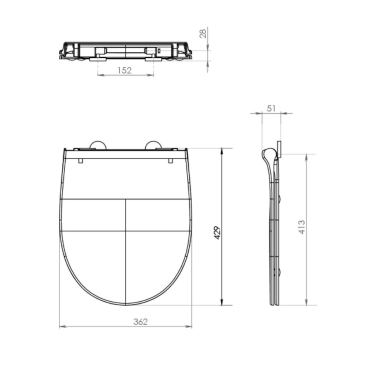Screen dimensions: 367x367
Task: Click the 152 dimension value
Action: [125, 70]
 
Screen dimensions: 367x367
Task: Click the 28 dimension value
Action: [202, 33]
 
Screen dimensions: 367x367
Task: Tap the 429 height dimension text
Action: [217, 233]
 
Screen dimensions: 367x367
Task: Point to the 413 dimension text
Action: [302, 227]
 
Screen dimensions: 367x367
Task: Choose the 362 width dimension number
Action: [140, 322]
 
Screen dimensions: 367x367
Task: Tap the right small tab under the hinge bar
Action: [171, 161]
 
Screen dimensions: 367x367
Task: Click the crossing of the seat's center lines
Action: [126, 231]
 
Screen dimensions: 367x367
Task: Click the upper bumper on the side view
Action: [280, 199]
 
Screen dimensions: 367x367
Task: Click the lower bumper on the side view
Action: [280, 272]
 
